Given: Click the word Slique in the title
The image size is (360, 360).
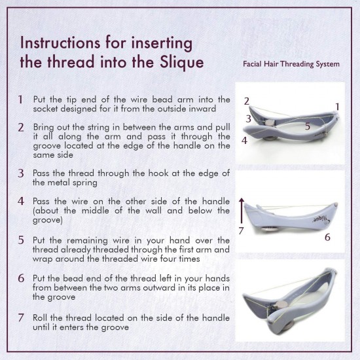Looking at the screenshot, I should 179,62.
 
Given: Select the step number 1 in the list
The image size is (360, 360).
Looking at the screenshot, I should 21,100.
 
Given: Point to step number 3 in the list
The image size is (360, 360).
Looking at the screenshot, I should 21,173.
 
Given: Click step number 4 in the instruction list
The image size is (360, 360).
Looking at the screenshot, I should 21,200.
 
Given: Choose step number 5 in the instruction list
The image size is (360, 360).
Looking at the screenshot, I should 21,240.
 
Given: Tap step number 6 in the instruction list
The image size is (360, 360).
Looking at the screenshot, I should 21,278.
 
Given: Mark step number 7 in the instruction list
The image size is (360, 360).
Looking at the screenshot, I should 21,317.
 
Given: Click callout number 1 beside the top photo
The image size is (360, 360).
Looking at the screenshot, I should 337,105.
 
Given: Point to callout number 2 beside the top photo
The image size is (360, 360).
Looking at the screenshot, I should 246,101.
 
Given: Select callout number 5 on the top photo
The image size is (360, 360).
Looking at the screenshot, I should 307,126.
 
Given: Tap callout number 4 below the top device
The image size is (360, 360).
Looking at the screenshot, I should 244,139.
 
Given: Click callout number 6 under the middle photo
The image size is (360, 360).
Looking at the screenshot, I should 327,237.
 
